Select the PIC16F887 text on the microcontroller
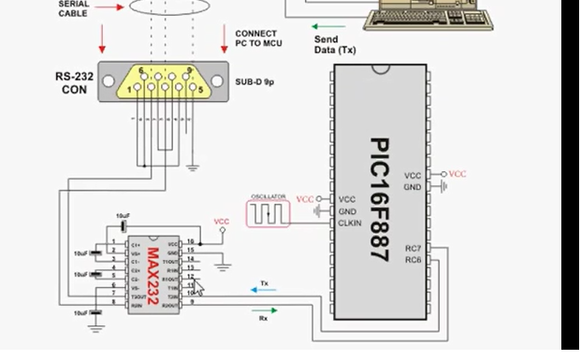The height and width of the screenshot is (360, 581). [x=378, y=200]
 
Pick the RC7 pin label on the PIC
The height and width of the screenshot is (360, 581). [x=413, y=248]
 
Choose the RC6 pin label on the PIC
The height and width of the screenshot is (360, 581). [x=413, y=259]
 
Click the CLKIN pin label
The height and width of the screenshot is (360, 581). [x=349, y=223]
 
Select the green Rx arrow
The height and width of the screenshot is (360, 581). [x=263, y=310]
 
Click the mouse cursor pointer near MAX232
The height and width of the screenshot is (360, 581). [x=198, y=283]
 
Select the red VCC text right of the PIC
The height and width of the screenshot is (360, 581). [x=458, y=174]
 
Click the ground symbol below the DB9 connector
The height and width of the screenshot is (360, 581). [x=193, y=168]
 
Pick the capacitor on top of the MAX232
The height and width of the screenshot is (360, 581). [x=123, y=224]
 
